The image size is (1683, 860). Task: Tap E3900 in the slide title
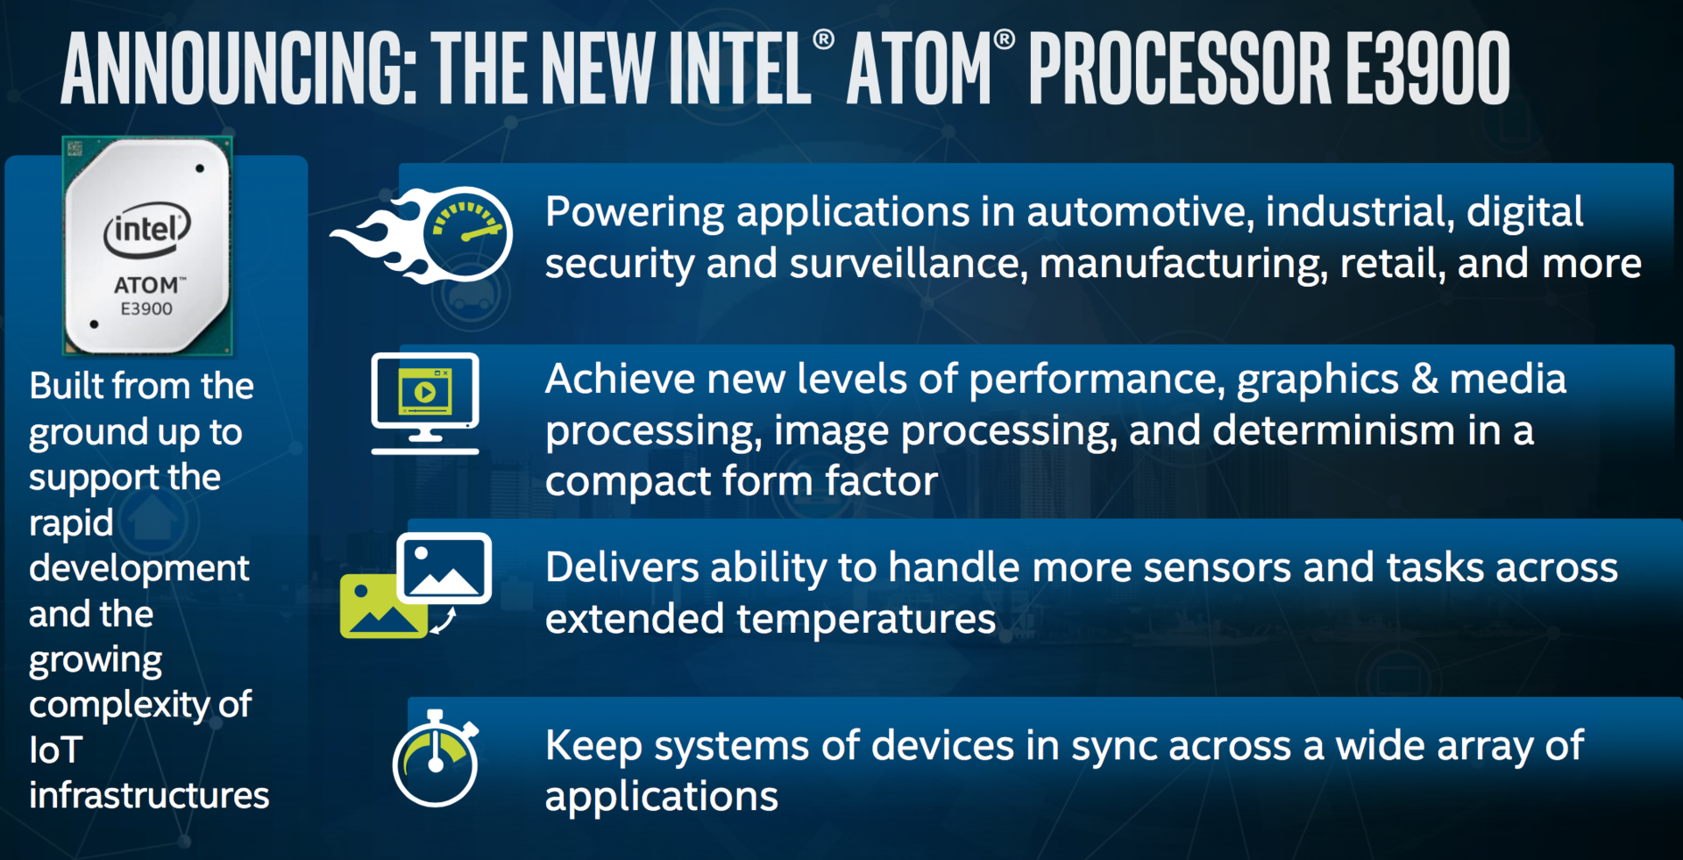(x=1428, y=68)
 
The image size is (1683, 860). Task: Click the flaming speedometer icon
(x=422, y=235)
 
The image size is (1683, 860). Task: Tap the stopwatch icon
(x=436, y=758)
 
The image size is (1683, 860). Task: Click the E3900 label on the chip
(x=146, y=309)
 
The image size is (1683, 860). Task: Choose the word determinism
(x=1335, y=430)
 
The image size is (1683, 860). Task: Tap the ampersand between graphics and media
(x=1424, y=380)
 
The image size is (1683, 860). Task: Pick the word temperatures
(x=866, y=620)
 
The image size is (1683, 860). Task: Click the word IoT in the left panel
(x=56, y=750)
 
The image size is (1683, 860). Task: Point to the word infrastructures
(x=149, y=796)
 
